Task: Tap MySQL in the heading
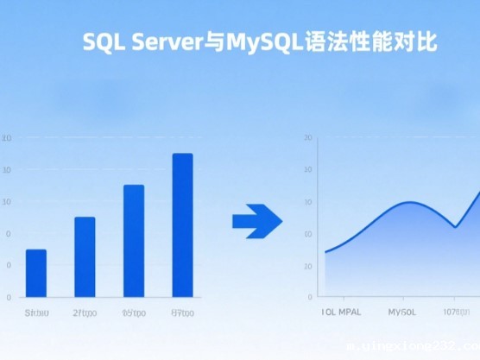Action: [x=256, y=42]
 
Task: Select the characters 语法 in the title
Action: [x=319, y=42]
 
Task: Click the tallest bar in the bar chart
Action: [x=182, y=225]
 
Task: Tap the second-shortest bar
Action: [x=85, y=256]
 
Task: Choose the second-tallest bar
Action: [x=134, y=241]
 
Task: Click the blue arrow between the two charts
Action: [x=257, y=221]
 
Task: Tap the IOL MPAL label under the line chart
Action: [x=341, y=312]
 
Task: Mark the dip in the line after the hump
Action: [x=455, y=226]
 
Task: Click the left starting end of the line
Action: [x=325, y=252]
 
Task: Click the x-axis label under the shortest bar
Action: [x=37, y=312]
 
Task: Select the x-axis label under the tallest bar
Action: [x=183, y=312]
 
